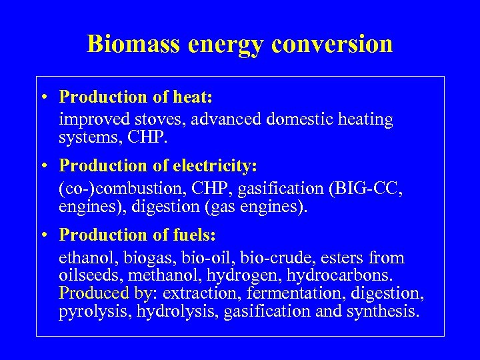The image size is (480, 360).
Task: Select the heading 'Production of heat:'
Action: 135,97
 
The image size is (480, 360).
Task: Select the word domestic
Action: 295,120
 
